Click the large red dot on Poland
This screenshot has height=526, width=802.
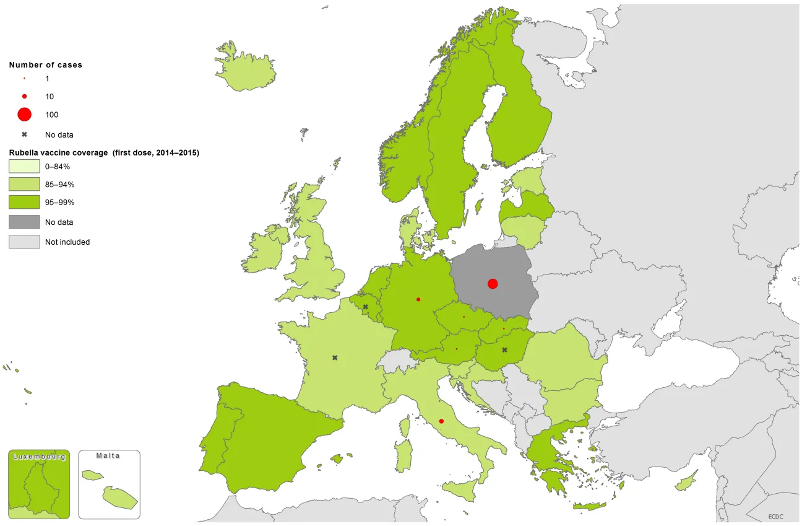(493, 284)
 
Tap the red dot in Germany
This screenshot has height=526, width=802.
(418, 300)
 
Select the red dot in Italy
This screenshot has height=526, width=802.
(441, 421)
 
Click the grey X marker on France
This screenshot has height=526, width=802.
(335, 357)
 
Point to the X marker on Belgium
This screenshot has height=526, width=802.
(365, 307)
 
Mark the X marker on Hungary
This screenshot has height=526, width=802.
(504, 350)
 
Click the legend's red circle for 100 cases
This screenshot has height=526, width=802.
(24, 115)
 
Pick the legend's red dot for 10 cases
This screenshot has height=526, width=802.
(24, 97)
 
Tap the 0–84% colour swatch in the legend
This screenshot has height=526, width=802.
(24, 167)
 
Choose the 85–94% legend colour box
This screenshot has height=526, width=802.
(24, 185)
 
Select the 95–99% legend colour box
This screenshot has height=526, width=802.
(24, 203)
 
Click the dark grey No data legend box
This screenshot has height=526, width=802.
(24, 222)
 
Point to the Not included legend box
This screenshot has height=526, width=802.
(24, 242)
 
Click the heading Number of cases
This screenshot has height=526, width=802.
(46, 64)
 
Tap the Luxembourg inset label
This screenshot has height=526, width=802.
(39, 457)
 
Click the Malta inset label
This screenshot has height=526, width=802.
(108, 456)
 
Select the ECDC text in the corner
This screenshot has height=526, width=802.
(776, 515)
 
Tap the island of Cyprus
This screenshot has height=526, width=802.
(686, 482)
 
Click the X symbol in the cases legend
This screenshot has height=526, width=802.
(24, 134)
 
